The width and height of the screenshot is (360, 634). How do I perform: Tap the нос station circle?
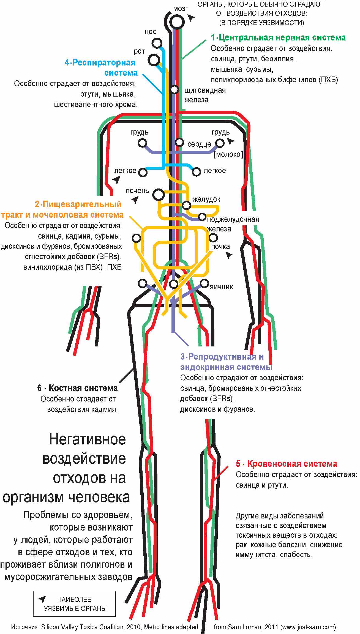coord(157,43)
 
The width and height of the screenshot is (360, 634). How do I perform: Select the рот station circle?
coord(154,60)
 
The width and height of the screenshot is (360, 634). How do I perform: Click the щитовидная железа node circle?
coord(174,89)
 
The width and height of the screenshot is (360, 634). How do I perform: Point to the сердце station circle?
coord(179,142)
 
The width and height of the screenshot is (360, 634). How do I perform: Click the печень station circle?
coord(158,195)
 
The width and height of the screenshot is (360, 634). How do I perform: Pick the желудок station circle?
coord(186,205)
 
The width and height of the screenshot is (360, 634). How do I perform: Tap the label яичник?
coord(221,287)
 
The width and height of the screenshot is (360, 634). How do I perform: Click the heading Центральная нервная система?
coord(278,37)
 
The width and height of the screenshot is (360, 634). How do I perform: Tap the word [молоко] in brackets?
coord(228,154)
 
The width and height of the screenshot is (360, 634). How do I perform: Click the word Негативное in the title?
coord(87,439)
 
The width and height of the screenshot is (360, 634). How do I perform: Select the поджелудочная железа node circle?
coord(202,217)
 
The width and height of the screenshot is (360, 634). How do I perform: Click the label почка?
coord(220,247)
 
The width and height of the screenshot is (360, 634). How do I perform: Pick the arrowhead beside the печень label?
coord(135,200)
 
